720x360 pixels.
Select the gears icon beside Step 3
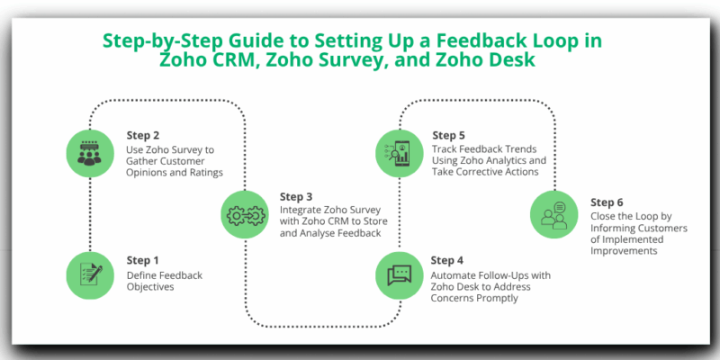pos(245,213)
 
